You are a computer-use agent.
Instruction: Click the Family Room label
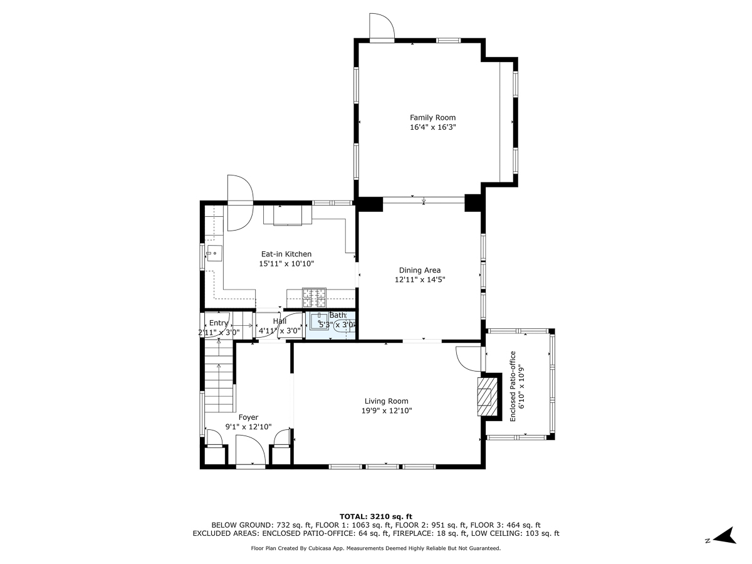click(432, 117)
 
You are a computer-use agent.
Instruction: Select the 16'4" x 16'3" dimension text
click(432, 127)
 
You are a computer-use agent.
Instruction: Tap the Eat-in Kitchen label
click(286, 254)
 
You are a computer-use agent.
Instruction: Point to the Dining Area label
click(420, 271)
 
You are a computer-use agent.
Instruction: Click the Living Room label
click(386, 401)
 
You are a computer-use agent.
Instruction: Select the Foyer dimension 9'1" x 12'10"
click(248, 427)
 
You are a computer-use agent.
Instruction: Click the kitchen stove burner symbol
click(314, 294)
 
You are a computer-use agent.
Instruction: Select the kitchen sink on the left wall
click(212, 253)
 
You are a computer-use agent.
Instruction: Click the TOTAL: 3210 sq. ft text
click(375, 516)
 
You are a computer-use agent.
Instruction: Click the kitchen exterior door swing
click(239, 201)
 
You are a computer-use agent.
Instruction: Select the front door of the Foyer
click(251, 450)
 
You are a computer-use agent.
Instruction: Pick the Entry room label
click(219, 323)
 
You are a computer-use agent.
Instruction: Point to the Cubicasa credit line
click(375, 548)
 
